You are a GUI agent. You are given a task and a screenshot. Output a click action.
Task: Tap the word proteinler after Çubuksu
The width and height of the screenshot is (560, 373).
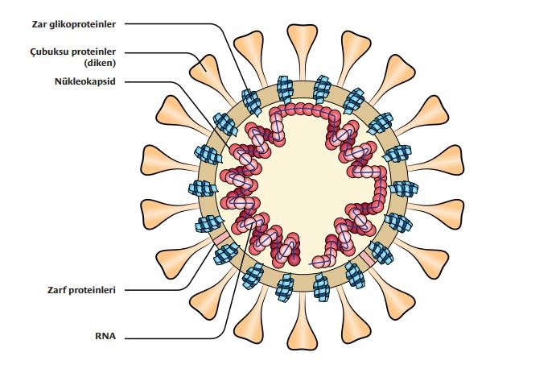pos(98,52)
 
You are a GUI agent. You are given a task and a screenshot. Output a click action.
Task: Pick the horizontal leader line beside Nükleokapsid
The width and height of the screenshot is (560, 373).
pos(153,81)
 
